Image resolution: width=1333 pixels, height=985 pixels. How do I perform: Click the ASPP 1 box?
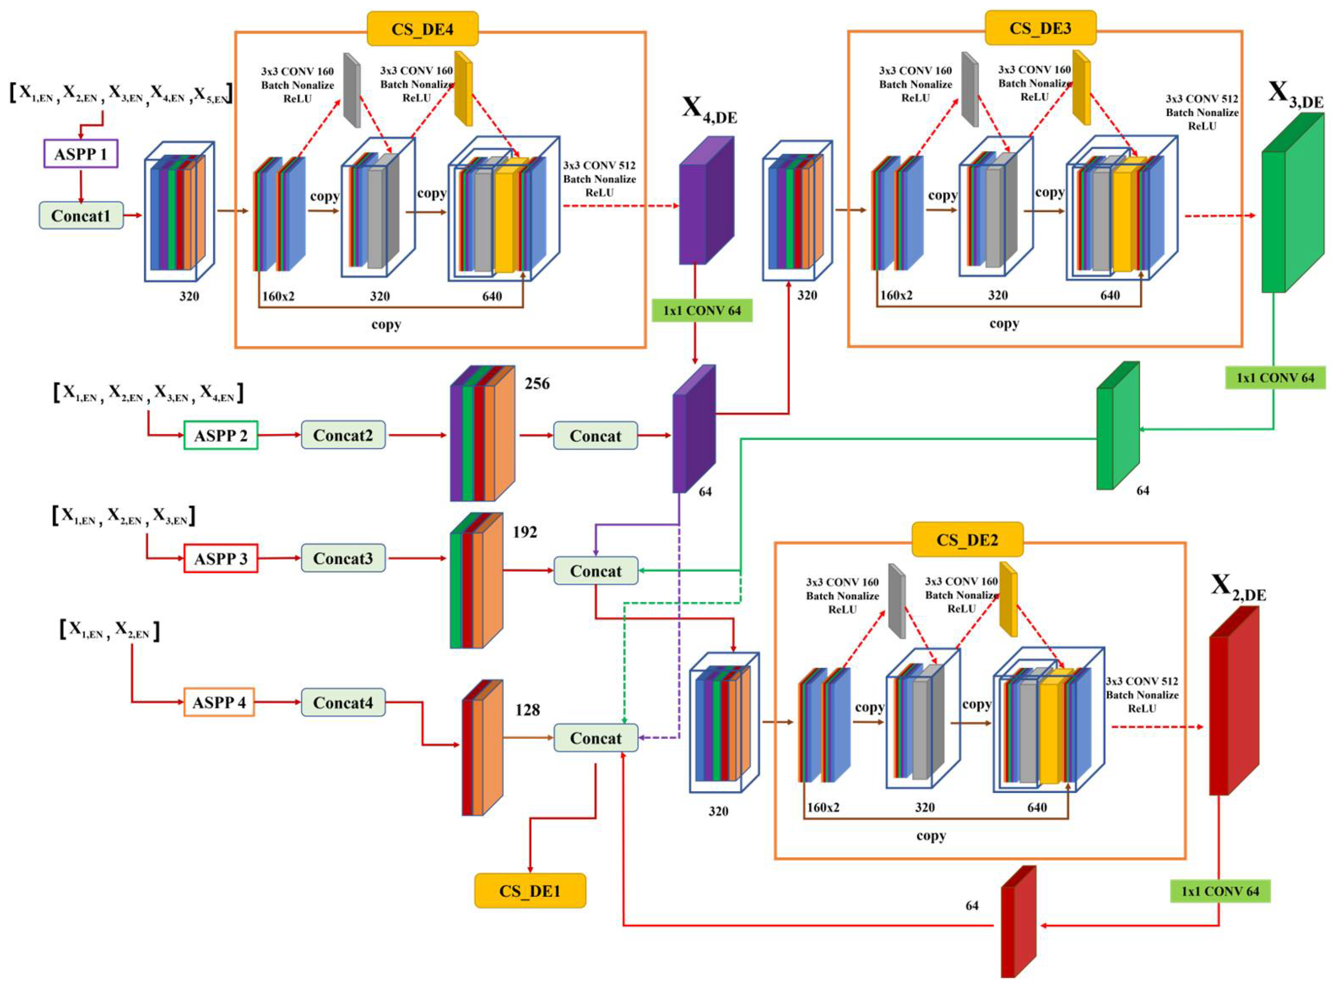(81, 154)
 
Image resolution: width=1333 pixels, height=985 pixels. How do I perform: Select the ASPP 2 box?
(221, 435)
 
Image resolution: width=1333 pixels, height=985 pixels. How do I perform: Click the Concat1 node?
(81, 215)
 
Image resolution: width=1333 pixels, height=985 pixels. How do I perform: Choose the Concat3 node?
(343, 558)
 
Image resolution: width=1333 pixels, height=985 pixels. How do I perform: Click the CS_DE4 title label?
(422, 29)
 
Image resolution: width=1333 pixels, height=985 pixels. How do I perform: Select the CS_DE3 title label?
(1040, 28)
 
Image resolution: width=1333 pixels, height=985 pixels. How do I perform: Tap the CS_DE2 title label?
(967, 540)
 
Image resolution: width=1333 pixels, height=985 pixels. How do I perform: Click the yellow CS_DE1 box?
(530, 891)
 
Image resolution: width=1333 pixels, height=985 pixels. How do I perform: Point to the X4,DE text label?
(709, 110)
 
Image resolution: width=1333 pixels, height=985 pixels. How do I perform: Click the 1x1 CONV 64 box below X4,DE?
(702, 311)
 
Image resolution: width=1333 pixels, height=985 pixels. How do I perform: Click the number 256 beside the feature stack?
(537, 383)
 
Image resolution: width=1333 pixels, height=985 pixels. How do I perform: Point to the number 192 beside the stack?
(525, 532)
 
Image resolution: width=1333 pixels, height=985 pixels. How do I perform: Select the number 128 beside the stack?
(527, 709)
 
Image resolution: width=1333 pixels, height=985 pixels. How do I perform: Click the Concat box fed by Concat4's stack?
(595, 738)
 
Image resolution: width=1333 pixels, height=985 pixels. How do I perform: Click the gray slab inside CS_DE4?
(352, 89)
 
